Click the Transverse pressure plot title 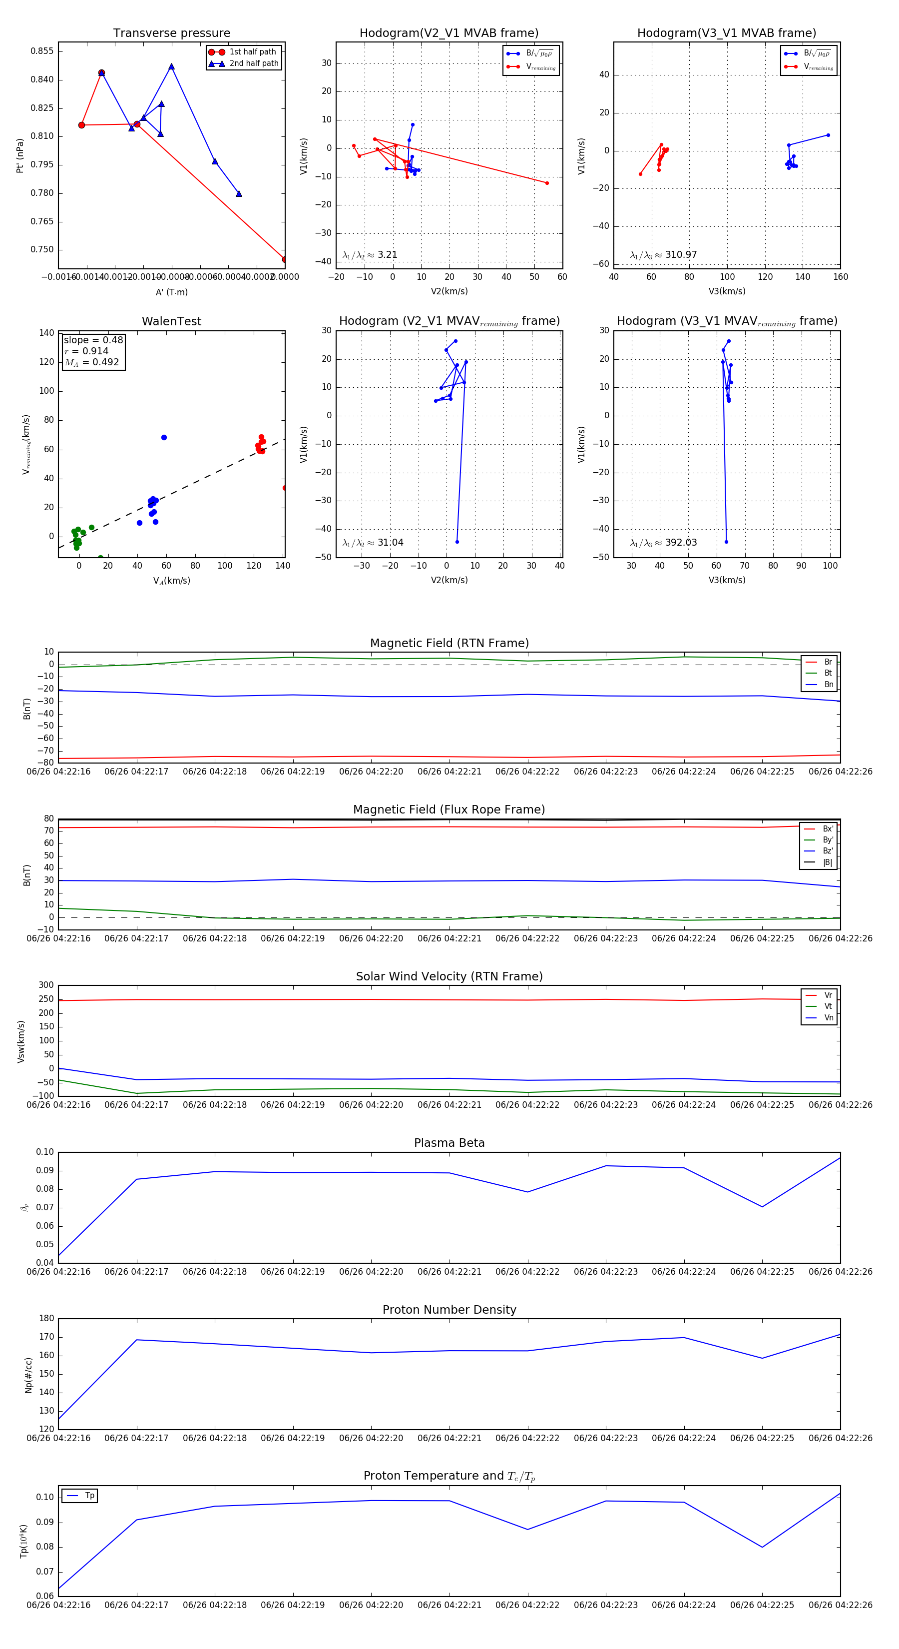click(171, 33)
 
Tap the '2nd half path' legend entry click(253, 63)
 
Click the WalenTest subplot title click(171, 321)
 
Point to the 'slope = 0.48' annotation click(93, 340)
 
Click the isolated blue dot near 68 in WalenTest click(164, 437)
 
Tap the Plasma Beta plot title click(449, 1143)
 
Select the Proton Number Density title click(449, 1310)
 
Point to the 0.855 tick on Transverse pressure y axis click(42, 51)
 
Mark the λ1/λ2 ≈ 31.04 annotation click(373, 543)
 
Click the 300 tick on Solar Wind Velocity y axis click(46, 985)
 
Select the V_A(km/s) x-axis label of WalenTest click(171, 581)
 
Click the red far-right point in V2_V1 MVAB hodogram click(546, 183)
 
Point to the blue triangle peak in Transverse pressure click(171, 66)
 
